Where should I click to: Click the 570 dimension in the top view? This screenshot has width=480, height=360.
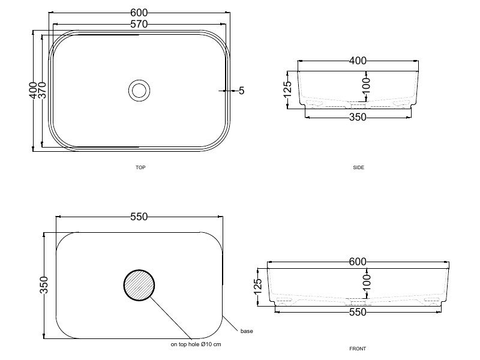tap(139, 24)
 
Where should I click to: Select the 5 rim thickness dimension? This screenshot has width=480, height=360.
tap(242, 91)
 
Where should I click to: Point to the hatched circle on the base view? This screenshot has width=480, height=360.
tap(139, 286)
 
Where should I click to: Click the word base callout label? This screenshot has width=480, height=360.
tap(247, 331)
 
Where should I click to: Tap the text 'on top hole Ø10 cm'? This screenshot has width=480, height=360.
tap(196, 344)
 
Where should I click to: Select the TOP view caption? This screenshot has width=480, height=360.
tap(140, 167)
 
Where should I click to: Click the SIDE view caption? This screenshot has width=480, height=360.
tap(358, 167)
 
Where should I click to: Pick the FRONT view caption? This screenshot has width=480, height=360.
tap(358, 349)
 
